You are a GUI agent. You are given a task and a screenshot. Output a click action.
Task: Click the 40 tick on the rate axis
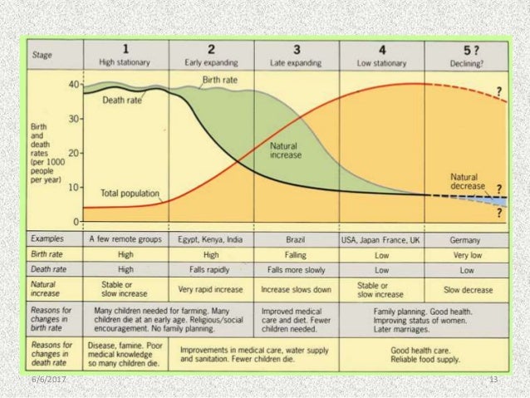point(73,85)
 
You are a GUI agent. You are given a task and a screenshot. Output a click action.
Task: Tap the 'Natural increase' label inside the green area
point(287,150)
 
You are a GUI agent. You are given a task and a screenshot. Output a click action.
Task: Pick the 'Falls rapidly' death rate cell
point(210,270)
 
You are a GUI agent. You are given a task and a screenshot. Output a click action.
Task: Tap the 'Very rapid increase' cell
point(210,290)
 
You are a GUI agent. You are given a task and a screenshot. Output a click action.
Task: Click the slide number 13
point(493,379)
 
